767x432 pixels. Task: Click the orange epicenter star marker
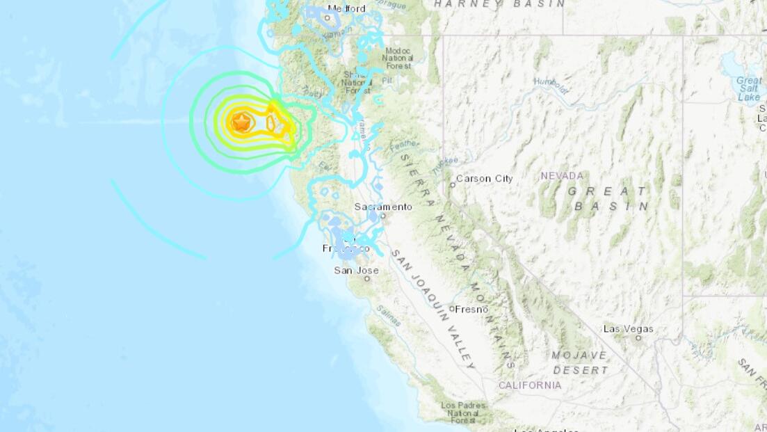[x=241, y=123]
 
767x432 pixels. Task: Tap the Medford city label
[x=346, y=8]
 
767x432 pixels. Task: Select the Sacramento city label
[x=382, y=207]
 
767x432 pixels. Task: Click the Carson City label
[x=484, y=179]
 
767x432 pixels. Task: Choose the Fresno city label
[x=472, y=309]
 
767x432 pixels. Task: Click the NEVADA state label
[x=562, y=176]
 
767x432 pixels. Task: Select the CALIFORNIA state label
[x=529, y=385]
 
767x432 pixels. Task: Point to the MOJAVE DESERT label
[x=579, y=361]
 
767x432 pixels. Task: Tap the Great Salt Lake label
[x=749, y=89]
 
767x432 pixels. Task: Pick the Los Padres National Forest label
[x=462, y=413]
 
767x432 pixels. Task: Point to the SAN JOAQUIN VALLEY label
[x=433, y=309]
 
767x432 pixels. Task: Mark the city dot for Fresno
[x=452, y=309]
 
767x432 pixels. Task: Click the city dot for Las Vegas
[x=638, y=338]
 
